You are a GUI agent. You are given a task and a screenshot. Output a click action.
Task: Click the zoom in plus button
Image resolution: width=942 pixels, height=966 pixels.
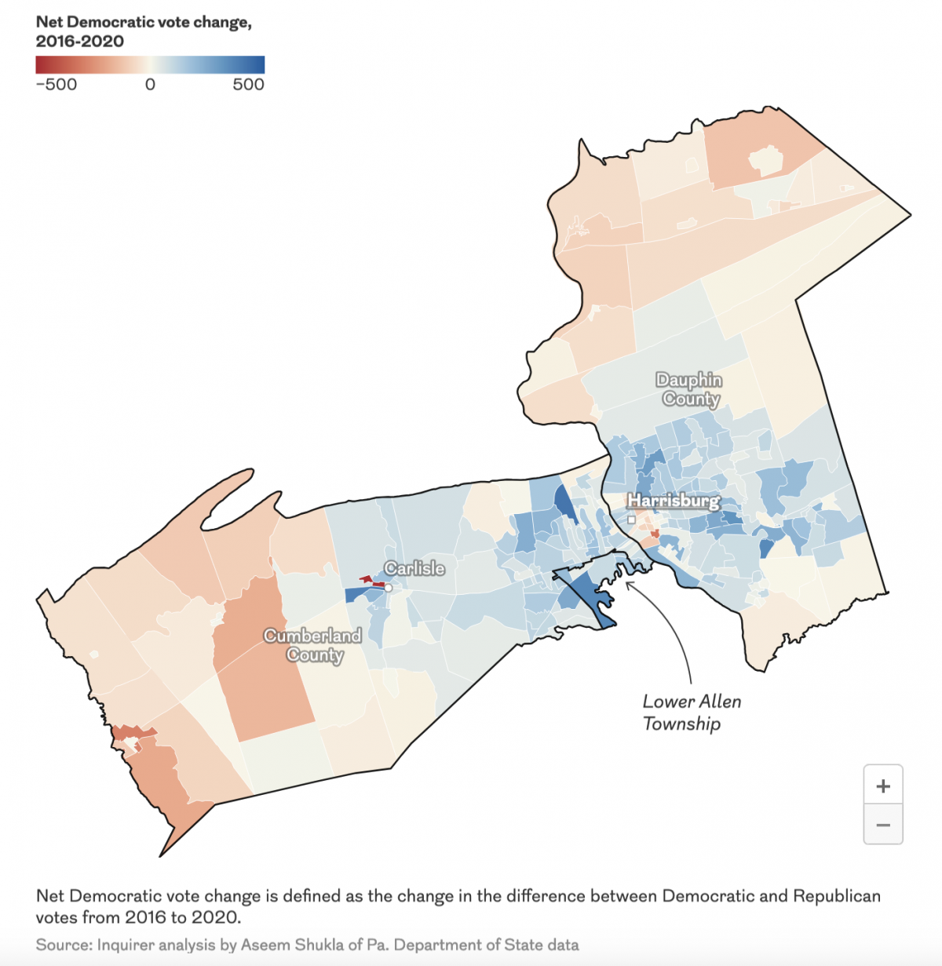[883, 786]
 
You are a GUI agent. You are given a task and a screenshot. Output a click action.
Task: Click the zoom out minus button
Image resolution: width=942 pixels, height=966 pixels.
[883, 825]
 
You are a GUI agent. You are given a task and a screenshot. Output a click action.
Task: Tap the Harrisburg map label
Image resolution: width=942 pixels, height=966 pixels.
[674, 501]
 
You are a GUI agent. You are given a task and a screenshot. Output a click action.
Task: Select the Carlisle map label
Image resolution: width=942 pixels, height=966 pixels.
[414, 568]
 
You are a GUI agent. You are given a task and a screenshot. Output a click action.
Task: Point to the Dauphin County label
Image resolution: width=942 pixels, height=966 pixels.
[689, 390]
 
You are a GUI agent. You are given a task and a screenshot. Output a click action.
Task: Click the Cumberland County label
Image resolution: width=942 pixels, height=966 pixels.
[313, 645]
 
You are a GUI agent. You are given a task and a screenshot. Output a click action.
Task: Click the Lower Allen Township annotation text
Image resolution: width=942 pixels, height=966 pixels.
[692, 713]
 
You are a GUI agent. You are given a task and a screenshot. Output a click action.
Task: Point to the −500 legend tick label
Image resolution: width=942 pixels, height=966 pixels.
[57, 85]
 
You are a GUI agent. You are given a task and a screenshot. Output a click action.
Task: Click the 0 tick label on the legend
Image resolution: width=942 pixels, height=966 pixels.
[150, 85]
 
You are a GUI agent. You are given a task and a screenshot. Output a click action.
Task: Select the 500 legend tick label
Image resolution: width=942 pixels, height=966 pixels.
[248, 85]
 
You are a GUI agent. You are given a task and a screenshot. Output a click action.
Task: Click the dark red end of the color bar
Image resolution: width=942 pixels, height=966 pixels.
[41, 64]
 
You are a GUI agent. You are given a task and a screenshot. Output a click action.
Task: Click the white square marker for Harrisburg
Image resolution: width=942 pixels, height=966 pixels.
[631, 519]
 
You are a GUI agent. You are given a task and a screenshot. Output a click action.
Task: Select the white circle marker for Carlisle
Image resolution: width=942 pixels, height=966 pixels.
[388, 588]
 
